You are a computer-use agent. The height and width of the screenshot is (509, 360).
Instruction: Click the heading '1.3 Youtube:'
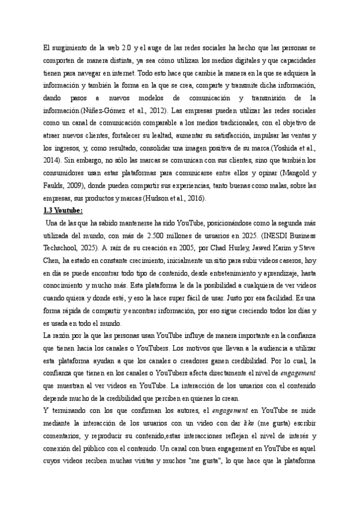[65, 211]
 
